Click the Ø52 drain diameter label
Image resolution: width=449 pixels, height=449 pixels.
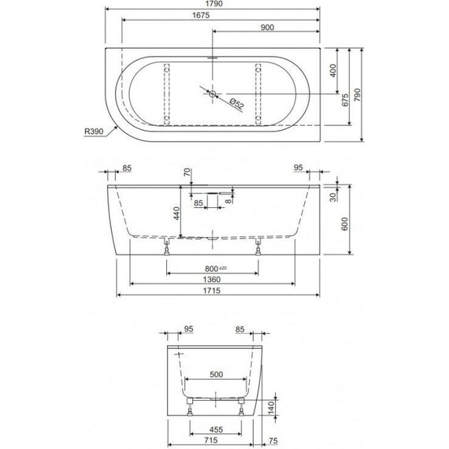tap(236, 102)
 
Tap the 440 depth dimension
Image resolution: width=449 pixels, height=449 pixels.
tap(177, 213)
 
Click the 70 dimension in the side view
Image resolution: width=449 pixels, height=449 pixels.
tap(187, 173)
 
